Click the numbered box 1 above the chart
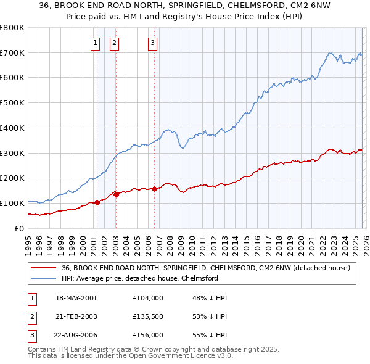pyautogui.click(x=96, y=43)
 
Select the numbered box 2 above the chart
pyautogui.click(x=115, y=43)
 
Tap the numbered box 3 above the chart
pyautogui.click(x=152, y=43)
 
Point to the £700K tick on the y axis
pyautogui.click(x=12, y=52)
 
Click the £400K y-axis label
pyautogui.click(x=12, y=128)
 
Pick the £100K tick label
pyautogui.click(x=12, y=203)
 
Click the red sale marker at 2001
pyautogui.click(x=97, y=202)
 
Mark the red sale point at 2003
pyautogui.click(x=116, y=194)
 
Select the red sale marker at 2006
pyautogui.click(x=154, y=189)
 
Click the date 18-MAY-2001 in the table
pyautogui.click(x=76, y=298)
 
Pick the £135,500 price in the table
pyautogui.click(x=148, y=316)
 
